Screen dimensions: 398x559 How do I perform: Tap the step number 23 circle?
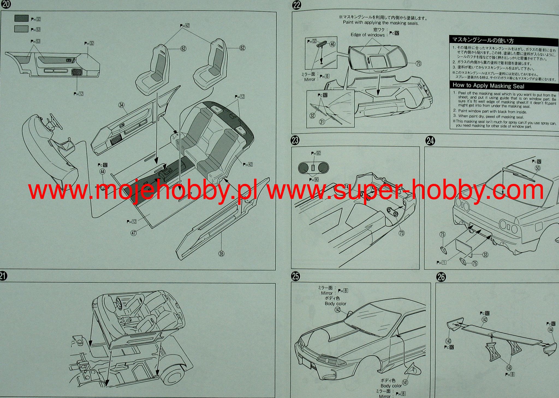[x=295, y=140]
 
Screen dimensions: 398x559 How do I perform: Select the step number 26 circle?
[x=441, y=277]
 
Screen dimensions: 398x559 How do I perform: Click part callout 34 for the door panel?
[x=121, y=105]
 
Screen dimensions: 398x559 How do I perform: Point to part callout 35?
[x=221, y=254]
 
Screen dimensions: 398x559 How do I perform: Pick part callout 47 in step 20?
[x=133, y=233]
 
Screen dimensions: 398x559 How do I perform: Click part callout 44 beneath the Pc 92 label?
[x=102, y=172]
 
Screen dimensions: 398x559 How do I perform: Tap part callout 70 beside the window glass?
[x=418, y=64]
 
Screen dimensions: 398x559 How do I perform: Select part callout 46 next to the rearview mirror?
[x=332, y=44]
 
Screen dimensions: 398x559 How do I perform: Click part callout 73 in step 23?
[x=402, y=233]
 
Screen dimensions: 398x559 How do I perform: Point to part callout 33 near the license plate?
[x=485, y=255]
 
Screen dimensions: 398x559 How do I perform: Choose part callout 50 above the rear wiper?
[x=537, y=168]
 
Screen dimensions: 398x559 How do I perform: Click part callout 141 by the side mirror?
[x=405, y=382]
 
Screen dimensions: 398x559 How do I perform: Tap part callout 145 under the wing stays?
[x=509, y=368]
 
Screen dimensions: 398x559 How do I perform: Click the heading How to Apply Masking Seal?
[x=488, y=86]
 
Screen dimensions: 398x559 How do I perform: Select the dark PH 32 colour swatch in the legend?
[x=21, y=19]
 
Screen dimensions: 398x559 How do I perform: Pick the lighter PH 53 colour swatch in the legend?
[x=21, y=29]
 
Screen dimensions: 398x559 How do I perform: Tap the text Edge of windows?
[x=367, y=35]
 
